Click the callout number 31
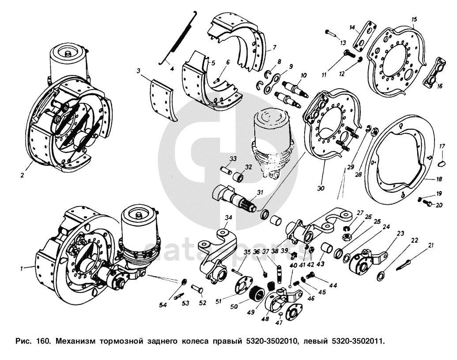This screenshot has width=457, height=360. click(259, 192)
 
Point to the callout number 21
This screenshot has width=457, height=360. click(431, 245)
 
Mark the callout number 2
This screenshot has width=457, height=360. click(22, 175)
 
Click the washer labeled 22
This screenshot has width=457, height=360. click(380, 277)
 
